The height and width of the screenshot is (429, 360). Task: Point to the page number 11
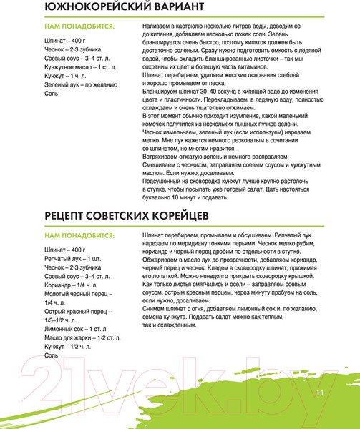[x=319, y=393]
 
